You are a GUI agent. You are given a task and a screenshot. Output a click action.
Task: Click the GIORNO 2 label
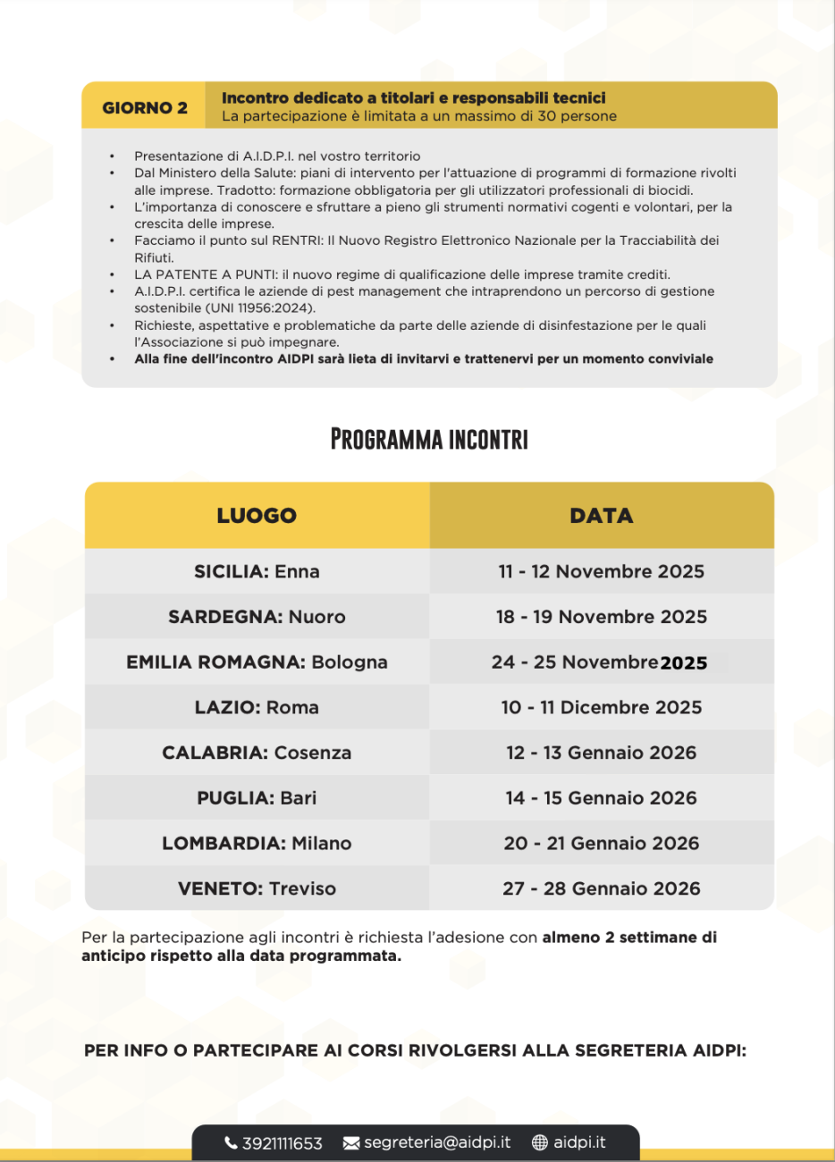145,108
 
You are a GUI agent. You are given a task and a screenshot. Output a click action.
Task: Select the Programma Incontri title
429,440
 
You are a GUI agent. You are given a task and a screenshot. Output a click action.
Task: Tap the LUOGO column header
257,516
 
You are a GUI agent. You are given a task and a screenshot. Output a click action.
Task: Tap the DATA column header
602,516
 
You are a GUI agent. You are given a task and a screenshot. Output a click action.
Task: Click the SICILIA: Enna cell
257,572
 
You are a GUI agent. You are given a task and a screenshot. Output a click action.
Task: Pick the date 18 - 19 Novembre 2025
602,617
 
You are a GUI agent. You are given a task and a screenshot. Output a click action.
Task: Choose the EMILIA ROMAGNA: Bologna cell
257,662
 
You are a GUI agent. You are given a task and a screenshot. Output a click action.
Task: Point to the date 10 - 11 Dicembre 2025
602,708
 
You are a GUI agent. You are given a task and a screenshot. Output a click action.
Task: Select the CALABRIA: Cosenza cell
257,753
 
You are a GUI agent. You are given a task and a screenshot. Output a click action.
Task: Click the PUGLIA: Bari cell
257,798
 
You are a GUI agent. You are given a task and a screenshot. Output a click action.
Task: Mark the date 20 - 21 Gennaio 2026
602,843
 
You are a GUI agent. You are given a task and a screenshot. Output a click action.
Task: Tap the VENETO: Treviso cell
257,888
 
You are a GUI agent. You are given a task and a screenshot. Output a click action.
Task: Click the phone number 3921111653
282,1143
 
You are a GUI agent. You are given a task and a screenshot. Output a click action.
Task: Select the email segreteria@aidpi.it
437,1142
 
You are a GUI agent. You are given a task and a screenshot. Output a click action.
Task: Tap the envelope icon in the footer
351,1143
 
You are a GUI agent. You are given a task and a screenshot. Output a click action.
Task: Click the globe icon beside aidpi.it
540,1142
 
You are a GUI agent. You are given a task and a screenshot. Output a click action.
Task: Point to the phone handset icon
232,1143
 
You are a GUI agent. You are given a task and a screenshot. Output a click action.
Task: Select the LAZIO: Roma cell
257,708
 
